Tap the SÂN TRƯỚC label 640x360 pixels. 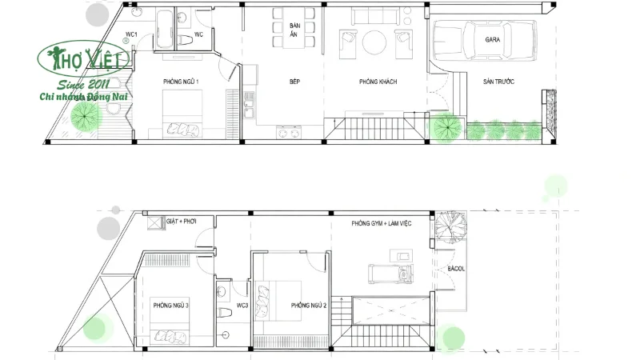tap(498, 82)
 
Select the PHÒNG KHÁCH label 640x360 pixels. tap(378, 82)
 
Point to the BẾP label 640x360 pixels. tap(294, 82)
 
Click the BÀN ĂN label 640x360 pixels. tap(294, 30)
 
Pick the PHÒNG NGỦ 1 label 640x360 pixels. tap(180, 82)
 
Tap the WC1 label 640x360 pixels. tap(132, 34)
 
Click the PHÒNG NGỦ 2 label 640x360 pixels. tap(309, 305)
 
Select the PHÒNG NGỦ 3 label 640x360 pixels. tap(170, 305)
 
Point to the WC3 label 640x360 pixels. tap(242, 305)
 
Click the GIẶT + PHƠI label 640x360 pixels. tap(182, 220)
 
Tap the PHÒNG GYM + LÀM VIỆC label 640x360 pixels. tap(381, 224)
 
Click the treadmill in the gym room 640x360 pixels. tap(390, 274)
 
